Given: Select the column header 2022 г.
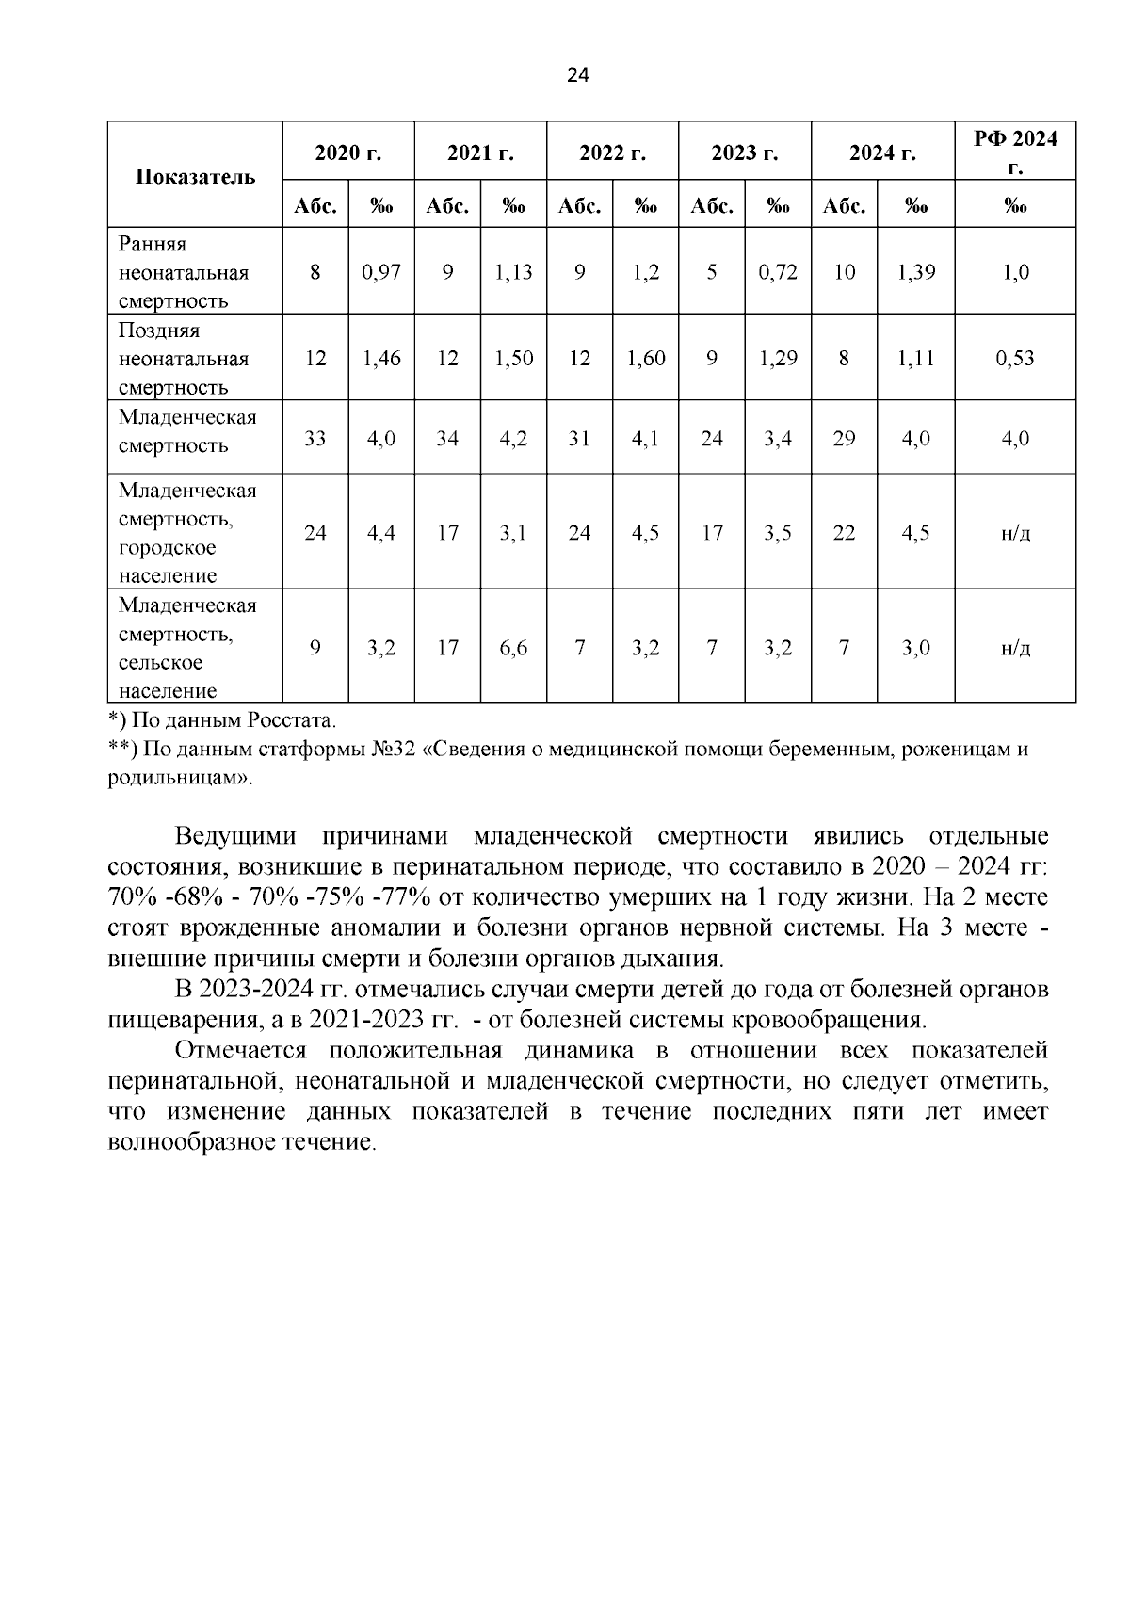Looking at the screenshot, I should pyautogui.click(x=612, y=153).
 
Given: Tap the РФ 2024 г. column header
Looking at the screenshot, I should pyautogui.click(x=1014, y=153).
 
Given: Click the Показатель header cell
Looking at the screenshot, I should pyautogui.click(x=195, y=176).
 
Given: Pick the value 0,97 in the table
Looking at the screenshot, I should pyautogui.click(x=381, y=272).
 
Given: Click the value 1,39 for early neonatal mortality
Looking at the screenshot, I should pyautogui.click(x=915, y=272).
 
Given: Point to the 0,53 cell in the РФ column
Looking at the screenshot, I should pyautogui.click(x=1014, y=358).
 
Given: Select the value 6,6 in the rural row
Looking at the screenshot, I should pyautogui.click(x=513, y=648).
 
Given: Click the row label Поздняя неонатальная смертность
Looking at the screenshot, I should pyautogui.click(x=184, y=358).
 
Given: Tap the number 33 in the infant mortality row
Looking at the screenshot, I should pyautogui.click(x=315, y=438).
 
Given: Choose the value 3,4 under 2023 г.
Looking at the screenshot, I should pyautogui.click(x=778, y=438).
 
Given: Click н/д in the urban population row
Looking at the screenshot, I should pyautogui.click(x=1014, y=533).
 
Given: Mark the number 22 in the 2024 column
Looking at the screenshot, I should pyautogui.click(x=845, y=533).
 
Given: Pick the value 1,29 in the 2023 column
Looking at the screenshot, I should pyautogui.click(x=778, y=358).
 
